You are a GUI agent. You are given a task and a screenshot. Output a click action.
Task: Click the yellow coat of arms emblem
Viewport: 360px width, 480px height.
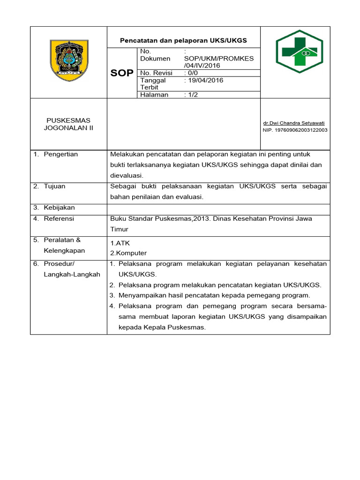point(68,61)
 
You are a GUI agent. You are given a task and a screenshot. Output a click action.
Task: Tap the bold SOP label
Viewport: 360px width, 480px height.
point(121,73)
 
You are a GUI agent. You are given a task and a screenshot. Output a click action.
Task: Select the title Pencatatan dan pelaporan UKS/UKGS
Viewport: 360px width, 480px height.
point(183,41)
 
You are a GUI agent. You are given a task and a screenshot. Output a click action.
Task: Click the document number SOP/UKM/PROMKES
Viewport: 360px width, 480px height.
point(219,59)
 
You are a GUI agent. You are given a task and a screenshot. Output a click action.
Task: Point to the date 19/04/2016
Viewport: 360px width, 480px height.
point(205,80)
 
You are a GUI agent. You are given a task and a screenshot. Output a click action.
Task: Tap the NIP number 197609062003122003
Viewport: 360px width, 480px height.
point(295,130)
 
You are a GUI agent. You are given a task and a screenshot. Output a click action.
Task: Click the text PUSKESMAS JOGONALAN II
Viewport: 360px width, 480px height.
point(68,124)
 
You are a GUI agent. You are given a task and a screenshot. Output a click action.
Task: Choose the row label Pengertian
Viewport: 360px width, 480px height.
point(60,154)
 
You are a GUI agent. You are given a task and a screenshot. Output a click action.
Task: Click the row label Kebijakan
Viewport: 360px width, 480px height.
point(59,207)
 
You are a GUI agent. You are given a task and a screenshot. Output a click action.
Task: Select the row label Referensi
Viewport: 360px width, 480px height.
point(59,218)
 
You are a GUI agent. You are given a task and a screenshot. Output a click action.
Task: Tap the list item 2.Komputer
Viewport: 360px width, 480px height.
point(128,253)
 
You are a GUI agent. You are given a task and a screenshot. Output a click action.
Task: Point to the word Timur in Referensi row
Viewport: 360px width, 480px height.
point(119,229)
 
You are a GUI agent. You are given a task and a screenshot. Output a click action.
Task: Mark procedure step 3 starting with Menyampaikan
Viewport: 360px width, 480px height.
point(214,295)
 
